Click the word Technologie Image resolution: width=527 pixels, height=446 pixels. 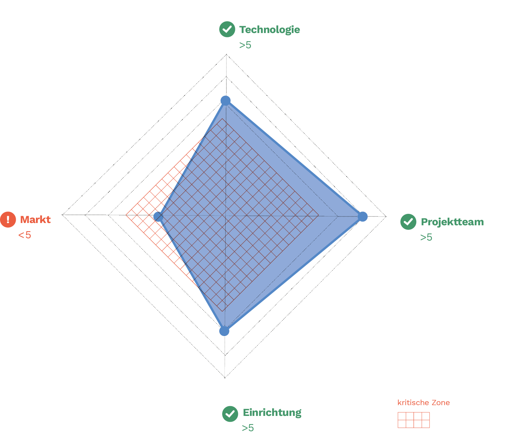270,29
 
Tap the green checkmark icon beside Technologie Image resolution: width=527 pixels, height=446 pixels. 227,29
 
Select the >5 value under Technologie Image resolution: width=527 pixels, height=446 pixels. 245,45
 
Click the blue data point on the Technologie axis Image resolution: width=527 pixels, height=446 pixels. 225,100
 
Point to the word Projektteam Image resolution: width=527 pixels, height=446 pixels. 452,222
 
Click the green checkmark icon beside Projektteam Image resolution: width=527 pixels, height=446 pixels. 408,222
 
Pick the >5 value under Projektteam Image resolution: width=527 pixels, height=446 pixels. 426,237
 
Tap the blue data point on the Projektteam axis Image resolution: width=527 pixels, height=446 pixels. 362,216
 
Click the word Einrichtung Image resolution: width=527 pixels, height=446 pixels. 272,413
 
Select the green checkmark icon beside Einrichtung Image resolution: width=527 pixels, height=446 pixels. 230,414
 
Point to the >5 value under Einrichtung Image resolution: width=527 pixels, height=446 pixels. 248,428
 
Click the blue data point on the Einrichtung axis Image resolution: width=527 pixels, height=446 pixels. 224,331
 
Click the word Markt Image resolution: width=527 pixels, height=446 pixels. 35,219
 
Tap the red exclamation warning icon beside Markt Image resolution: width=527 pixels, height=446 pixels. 8,219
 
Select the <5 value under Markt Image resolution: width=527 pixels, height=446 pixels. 25,235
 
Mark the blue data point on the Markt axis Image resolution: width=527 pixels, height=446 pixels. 158,216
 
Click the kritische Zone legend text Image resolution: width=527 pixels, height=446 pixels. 423,403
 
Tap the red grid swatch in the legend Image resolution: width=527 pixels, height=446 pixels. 414,420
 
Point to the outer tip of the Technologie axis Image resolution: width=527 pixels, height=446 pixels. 226,54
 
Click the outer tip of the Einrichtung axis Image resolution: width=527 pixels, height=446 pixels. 225,378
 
